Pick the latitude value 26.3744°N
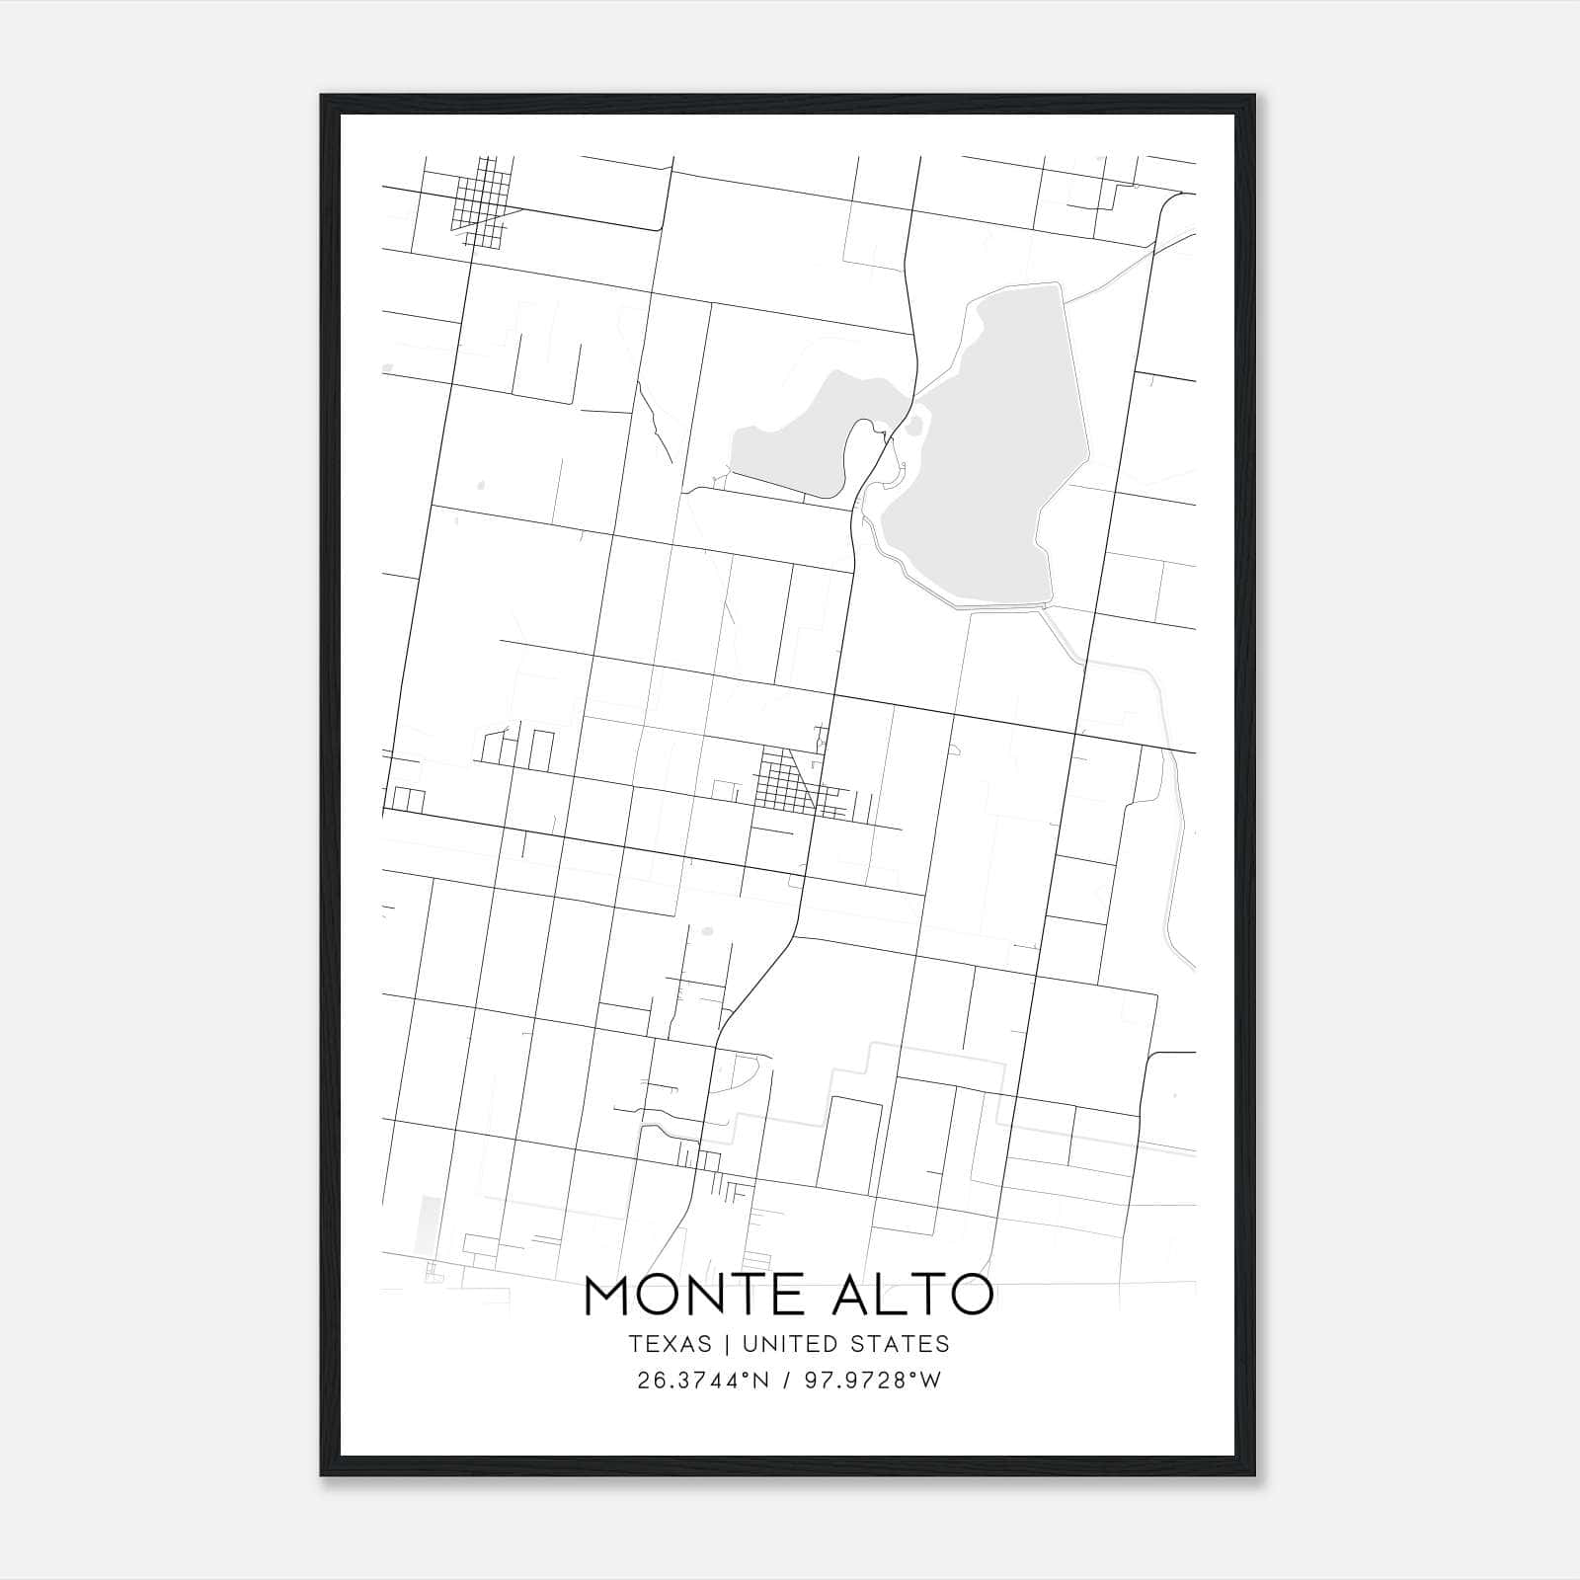click(x=703, y=1381)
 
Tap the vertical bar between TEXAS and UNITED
click(x=727, y=1344)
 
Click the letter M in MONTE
click(x=608, y=1296)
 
